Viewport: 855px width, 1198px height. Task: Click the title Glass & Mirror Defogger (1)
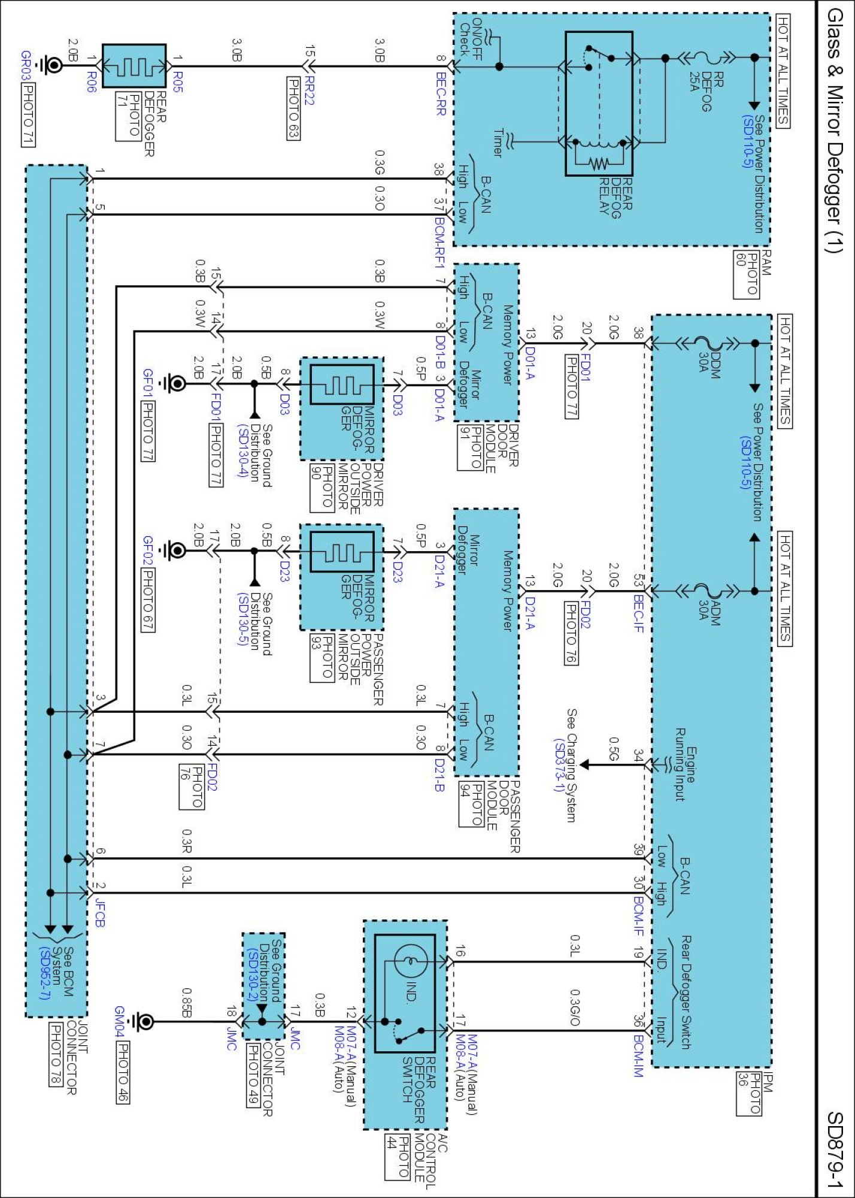click(x=835, y=131)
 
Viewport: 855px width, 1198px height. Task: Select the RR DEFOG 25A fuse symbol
click(x=710, y=58)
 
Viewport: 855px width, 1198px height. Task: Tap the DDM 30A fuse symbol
click(x=710, y=343)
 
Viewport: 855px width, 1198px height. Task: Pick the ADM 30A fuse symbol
click(x=710, y=591)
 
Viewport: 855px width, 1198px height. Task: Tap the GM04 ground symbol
click(x=141, y=1021)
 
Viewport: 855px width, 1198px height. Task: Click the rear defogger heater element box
click(x=134, y=65)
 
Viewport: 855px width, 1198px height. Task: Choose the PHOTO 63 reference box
click(x=293, y=108)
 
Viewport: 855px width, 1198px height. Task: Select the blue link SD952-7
click(x=44, y=973)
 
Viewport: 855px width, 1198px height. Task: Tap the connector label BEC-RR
click(x=441, y=94)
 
